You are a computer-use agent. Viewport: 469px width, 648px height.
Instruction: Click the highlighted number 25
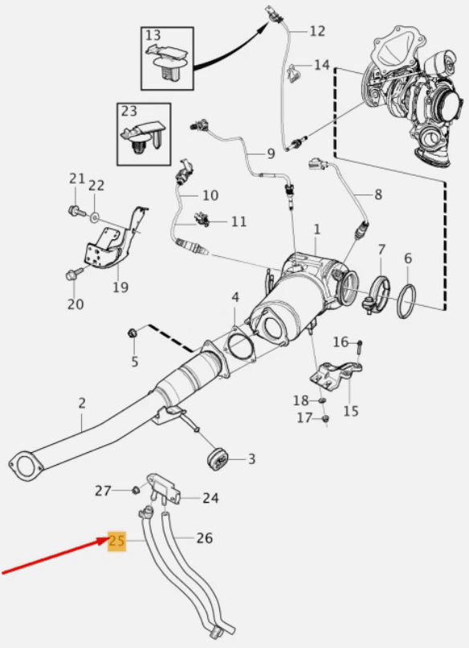click(116, 541)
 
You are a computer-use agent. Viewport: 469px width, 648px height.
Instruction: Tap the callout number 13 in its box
click(153, 35)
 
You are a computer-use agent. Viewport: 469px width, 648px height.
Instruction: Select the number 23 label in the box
click(129, 111)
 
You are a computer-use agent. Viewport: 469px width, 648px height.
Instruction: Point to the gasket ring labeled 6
click(406, 301)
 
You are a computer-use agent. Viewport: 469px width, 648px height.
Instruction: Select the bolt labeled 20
click(73, 275)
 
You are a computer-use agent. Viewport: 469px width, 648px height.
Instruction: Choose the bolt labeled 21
click(76, 211)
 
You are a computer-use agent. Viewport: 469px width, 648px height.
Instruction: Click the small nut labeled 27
click(135, 491)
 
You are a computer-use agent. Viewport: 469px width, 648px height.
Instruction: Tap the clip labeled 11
click(202, 219)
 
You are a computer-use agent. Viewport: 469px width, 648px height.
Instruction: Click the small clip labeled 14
click(295, 73)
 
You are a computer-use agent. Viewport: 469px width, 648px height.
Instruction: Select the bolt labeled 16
click(359, 347)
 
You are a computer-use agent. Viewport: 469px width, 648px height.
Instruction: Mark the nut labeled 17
click(325, 419)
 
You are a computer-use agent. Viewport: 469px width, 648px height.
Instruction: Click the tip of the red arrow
click(108, 538)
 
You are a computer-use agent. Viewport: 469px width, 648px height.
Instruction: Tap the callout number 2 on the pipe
click(82, 403)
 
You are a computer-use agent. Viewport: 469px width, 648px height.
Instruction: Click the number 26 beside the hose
click(204, 538)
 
